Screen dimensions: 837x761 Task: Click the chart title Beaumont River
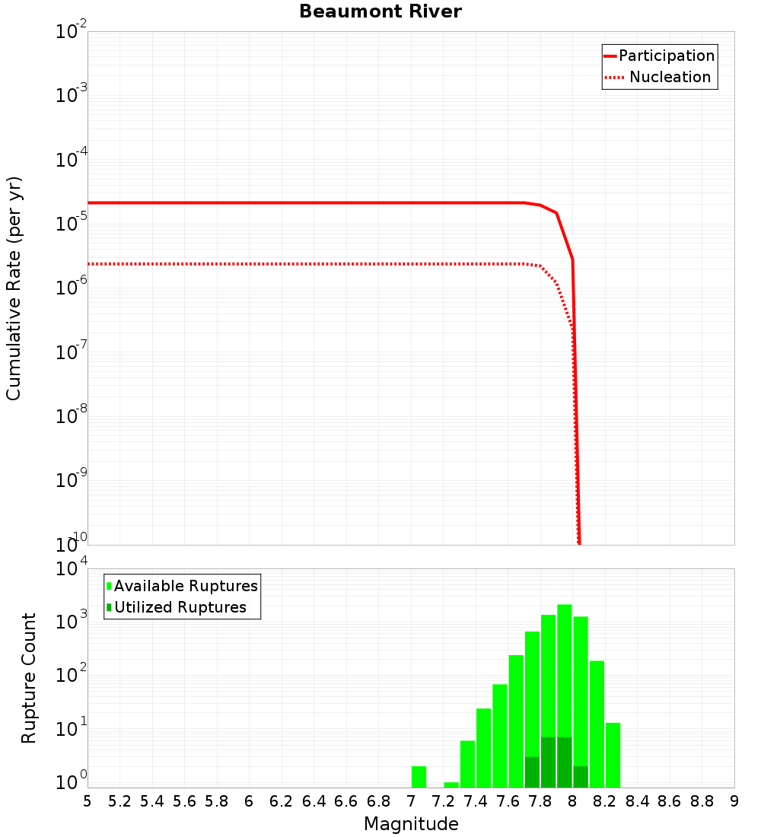pyautogui.click(x=380, y=11)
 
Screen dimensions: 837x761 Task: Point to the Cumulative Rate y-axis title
pyautogui.click(x=14, y=288)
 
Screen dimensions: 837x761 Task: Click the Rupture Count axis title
pyautogui.click(x=29, y=678)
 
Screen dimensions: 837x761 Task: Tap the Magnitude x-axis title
pyautogui.click(x=411, y=824)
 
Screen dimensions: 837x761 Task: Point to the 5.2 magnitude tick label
pyautogui.click(x=119, y=801)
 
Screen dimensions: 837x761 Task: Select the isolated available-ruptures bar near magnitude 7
pyautogui.click(x=419, y=777)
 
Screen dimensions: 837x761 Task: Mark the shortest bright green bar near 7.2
pyautogui.click(x=451, y=784)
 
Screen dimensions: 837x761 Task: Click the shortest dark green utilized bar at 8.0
pyautogui.click(x=581, y=777)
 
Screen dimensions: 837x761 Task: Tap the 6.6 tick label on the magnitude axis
pyautogui.click(x=346, y=801)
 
